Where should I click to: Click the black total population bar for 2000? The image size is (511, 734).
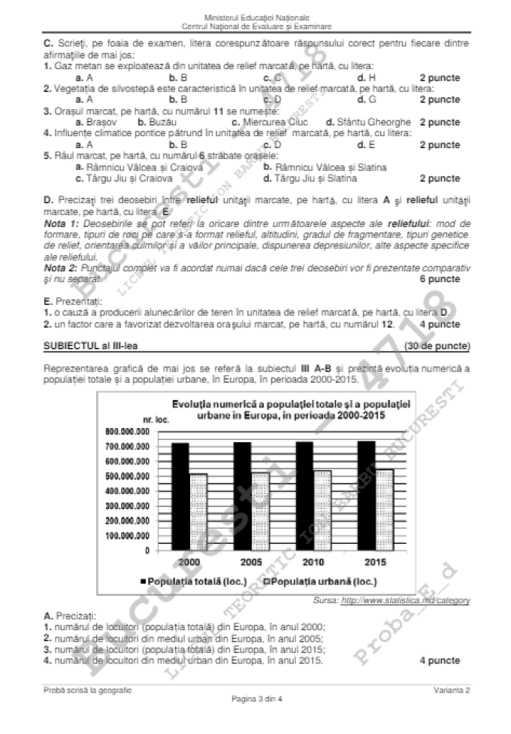[180, 496]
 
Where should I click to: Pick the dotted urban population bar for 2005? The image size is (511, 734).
[262, 511]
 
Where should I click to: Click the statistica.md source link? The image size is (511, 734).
[406, 600]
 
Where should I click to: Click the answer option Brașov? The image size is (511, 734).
[97, 121]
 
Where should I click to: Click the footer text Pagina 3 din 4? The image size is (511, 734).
[255, 720]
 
